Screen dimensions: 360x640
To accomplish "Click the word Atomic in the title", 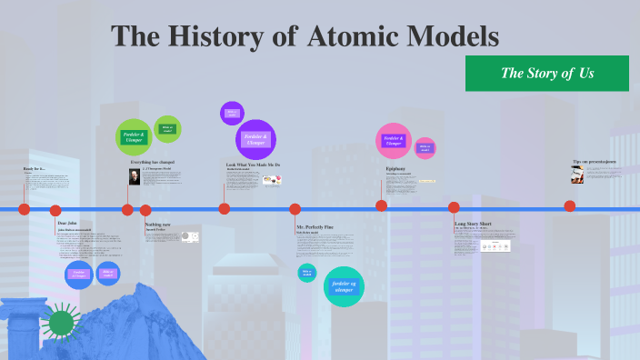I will click(x=361, y=36).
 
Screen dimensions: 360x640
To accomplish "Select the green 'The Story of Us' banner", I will click(x=547, y=73).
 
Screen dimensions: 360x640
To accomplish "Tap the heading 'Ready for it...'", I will click(x=34, y=170).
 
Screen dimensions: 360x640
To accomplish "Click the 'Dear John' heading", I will click(x=67, y=223).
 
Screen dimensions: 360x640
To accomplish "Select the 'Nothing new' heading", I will click(x=157, y=224).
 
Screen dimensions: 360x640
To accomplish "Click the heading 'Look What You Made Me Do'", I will click(x=253, y=165).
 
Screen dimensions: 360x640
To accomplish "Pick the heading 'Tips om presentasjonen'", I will click(x=595, y=162).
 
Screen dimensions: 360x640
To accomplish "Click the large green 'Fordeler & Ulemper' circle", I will click(x=134, y=137).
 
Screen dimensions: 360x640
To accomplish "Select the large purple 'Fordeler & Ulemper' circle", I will click(x=255, y=139).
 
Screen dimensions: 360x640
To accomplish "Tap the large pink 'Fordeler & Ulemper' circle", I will click(x=394, y=140).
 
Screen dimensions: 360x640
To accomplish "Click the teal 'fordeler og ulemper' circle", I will click(x=344, y=286).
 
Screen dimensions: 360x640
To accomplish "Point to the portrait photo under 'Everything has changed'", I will click(x=135, y=176).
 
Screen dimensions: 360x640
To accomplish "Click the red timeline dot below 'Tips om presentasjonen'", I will click(x=570, y=205).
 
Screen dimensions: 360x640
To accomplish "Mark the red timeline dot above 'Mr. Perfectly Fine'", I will click(x=295, y=209).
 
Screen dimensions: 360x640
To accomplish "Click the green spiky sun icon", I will click(x=61, y=323).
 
